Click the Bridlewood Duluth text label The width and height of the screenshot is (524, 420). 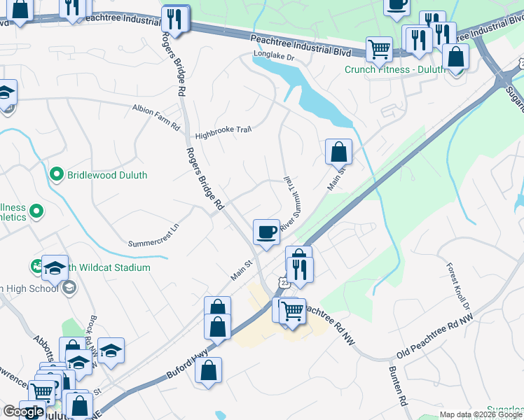(x=106, y=174)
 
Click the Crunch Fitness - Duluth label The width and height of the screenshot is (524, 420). (x=394, y=69)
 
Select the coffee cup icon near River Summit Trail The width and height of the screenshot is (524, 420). (x=266, y=231)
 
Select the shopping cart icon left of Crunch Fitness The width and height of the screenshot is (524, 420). (x=379, y=48)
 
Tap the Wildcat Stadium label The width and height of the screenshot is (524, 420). (x=113, y=267)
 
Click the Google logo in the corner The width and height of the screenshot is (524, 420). (x=23, y=412)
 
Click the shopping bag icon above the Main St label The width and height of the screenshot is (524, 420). (x=338, y=150)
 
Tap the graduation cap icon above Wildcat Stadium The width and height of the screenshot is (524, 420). (x=55, y=267)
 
